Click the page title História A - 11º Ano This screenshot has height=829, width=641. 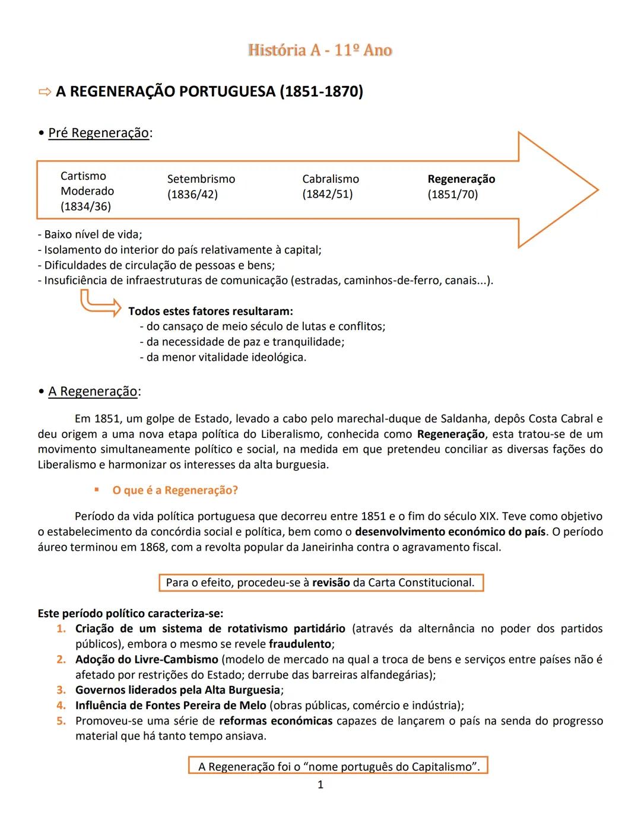[320, 50]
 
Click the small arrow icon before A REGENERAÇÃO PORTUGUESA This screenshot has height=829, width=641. [45, 92]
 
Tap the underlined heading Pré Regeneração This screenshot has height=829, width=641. [99, 133]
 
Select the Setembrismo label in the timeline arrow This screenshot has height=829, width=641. [201, 179]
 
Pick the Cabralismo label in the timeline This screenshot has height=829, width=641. [330, 179]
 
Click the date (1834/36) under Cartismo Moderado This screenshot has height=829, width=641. [85, 207]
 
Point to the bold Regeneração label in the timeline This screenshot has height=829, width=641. [461, 179]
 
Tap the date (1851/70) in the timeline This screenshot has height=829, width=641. [452, 195]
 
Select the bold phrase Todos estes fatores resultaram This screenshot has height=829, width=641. [211, 311]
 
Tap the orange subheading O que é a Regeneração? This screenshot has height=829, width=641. [175, 490]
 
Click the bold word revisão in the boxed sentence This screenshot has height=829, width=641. [331, 583]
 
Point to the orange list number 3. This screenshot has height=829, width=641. [61, 690]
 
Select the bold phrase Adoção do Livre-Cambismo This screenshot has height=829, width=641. [147, 659]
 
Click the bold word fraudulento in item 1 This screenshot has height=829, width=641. [300, 644]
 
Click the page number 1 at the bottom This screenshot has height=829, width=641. [320, 785]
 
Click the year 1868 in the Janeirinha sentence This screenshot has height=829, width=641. [153, 547]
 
